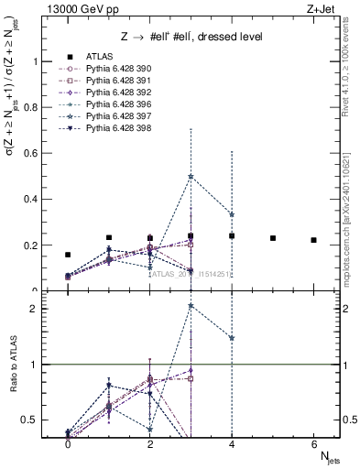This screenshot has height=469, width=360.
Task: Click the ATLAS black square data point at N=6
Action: tap(313, 240)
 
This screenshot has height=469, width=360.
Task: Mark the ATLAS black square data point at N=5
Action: tap(273, 238)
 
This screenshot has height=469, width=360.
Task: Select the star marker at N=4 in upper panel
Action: tap(232, 214)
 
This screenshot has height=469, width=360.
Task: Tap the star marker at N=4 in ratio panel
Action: tap(232, 338)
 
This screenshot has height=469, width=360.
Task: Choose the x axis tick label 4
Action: tap(232, 443)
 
